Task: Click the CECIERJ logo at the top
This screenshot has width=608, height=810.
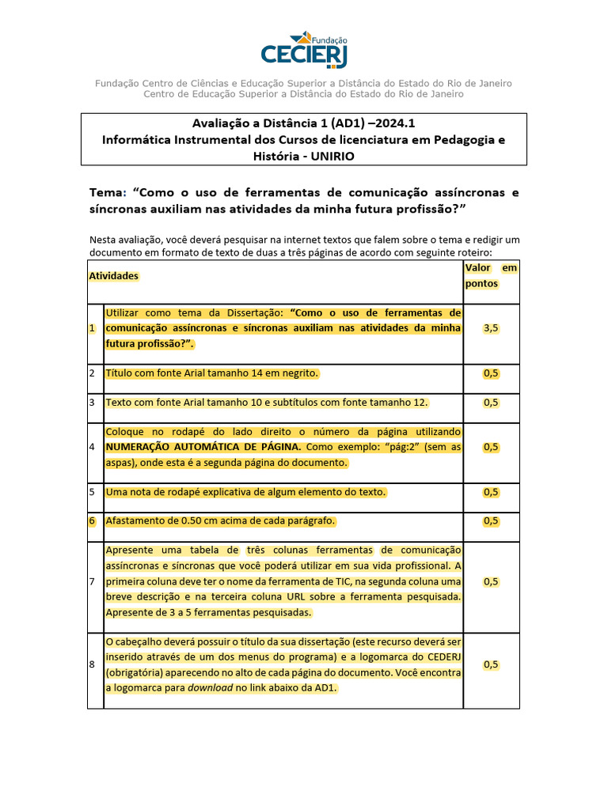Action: click(x=304, y=51)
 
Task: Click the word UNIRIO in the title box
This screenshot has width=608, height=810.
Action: click(x=327, y=156)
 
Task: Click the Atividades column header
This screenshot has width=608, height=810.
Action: click(x=113, y=275)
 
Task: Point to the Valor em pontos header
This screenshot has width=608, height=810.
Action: click(x=491, y=275)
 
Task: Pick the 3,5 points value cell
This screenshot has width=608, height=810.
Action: click(x=491, y=328)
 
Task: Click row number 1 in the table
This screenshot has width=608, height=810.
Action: click(x=93, y=328)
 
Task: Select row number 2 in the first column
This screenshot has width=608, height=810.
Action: click(x=93, y=373)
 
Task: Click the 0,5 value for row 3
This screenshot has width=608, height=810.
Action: click(x=491, y=403)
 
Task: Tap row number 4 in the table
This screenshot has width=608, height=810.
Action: click(x=93, y=447)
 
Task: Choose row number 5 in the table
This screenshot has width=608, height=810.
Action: click(x=93, y=492)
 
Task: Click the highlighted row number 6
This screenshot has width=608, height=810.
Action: click(x=93, y=520)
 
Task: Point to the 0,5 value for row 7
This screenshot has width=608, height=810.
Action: click(x=491, y=581)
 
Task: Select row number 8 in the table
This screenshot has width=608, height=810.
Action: click(x=93, y=664)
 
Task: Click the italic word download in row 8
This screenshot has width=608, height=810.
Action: click(x=210, y=688)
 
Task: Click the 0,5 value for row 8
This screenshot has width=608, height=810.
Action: click(x=491, y=664)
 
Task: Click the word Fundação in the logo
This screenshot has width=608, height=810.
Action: click(x=330, y=40)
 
